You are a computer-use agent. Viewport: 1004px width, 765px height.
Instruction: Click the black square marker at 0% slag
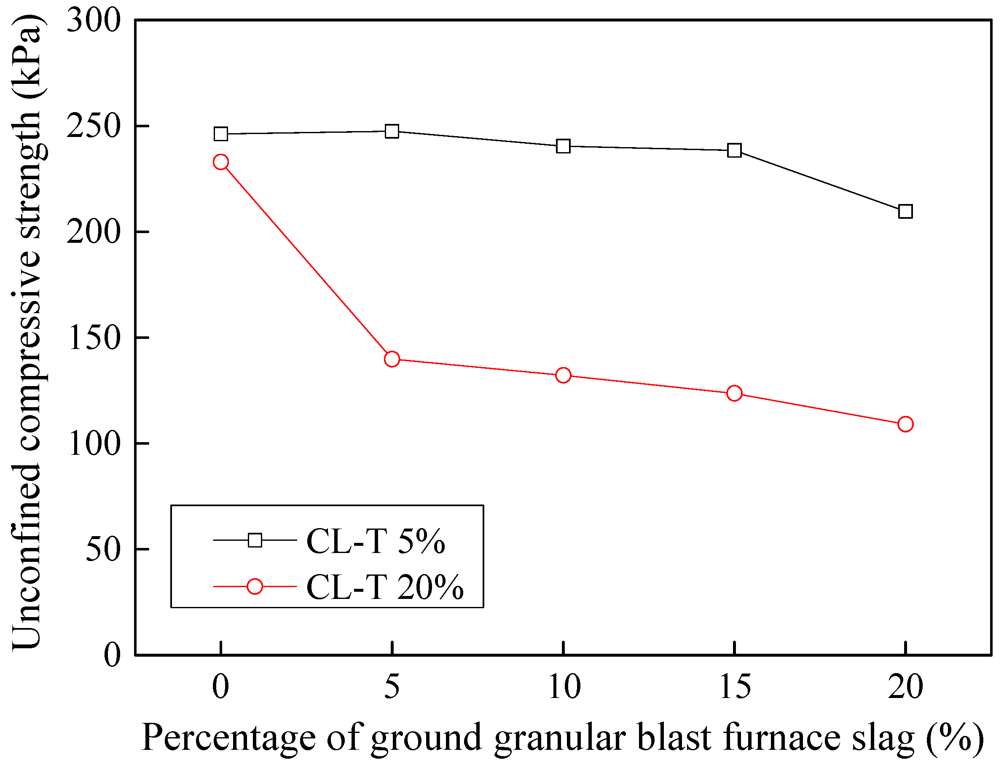pyautogui.click(x=221, y=134)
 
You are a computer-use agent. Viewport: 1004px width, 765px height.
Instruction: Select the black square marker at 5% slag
pyautogui.click(x=392, y=131)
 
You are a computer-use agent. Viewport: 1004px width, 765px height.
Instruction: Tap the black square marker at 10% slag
pyautogui.click(x=563, y=146)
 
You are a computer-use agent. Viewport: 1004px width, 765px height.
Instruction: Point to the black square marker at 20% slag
pyautogui.click(x=905, y=211)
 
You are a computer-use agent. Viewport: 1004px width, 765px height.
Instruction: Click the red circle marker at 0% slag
pyautogui.click(x=221, y=162)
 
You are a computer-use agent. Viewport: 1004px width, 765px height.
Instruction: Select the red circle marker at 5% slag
pyautogui.click(x=392, y=359)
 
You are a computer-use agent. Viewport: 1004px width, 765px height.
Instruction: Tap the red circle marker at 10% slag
pyautogui.click(x=563, y=375)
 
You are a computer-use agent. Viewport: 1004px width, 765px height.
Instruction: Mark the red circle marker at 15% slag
pyautogui.click(x=734, y=393)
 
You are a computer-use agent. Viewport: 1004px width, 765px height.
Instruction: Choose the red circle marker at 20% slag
pyautogui.click(x=905, y=424)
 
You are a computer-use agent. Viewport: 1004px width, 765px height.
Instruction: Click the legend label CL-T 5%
pyautogui.click(x=376, y=542)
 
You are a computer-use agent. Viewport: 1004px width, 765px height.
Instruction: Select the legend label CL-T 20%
pyautogui.click(x=385, y=587)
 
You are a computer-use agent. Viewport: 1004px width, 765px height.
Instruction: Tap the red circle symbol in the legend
pyautogui.click(x=255, y=587)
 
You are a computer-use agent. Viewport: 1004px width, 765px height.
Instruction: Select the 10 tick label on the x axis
pyautogui.click(x=564, y=687)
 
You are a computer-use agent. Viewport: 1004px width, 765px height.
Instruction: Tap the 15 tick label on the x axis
pyautogui.click(x=735, y=687)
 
